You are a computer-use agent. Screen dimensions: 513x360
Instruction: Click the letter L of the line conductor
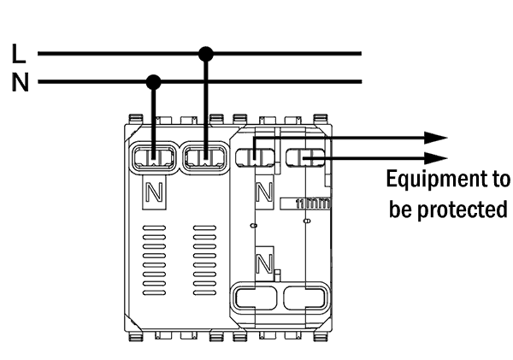pyautogui.click(x=19, y=53)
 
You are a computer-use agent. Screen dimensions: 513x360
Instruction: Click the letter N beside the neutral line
pyautogui.click(x=21, y=82)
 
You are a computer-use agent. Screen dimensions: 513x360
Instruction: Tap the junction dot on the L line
pyautogui.click(x=206, y=54)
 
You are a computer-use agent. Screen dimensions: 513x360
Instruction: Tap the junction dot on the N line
pyautogui.click(x=153, y=82)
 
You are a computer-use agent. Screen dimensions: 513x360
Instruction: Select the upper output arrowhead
pyautogui.click(x=436, y=138)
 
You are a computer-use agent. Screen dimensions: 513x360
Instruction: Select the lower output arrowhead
pyautogui.click(x=436, y=158)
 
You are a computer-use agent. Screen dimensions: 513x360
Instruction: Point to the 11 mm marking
pyautogui.click(x=312, y=204)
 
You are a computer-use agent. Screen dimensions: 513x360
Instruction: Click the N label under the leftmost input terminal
pyautogui.click(x=154, y=192)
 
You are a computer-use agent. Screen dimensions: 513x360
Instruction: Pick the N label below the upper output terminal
pyautogui.click(x=264, y=192)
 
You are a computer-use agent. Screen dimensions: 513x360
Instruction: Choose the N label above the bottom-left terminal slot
pyautogui.click(x=264, y=263)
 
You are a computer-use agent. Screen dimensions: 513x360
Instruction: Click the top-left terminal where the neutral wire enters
pyautogui.click(x=154, y=157)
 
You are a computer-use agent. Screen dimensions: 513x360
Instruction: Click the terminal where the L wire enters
pyautogui.click(x=205, y=157)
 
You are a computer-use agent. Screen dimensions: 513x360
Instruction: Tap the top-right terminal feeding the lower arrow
pyautogui.click(x=305, y=157)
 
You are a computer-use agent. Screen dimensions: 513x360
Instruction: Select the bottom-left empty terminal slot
pyautogui.click(x=255, y=298)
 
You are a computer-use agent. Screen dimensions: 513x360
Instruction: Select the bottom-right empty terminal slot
pyautogui.click(x=305, y=298)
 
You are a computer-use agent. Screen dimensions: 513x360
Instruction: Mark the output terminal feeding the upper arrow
pyautogui.click(x=255, y=157)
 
